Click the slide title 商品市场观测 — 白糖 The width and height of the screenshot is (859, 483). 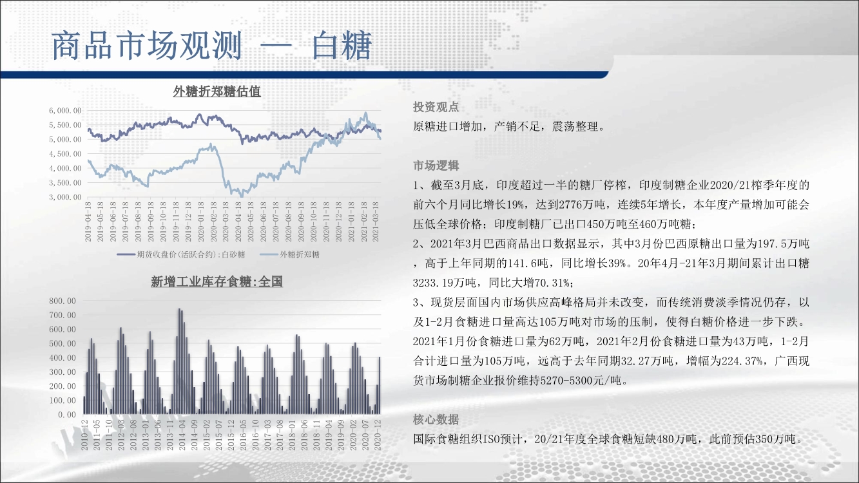point(211,46)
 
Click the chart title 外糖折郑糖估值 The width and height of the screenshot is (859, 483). point(217,91)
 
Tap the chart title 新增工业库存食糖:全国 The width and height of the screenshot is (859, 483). point(217,282)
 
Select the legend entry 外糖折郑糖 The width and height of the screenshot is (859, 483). point(289,254)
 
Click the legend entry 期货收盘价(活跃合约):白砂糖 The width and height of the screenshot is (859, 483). point(181,254)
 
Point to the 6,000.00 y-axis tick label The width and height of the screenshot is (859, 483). point(65,110)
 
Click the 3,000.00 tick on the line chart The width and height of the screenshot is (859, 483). point(65,197)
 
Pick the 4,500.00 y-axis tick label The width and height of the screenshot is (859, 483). point(65,154)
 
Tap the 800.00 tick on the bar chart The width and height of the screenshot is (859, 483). point(63,301)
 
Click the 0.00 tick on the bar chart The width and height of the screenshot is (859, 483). point(67,414)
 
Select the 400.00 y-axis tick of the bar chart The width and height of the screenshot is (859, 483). point(63,357)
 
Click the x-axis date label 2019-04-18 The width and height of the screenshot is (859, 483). point(88,222)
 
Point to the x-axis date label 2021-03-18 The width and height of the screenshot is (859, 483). point(376,222)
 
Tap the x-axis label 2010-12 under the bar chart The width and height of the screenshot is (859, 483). point(84,435)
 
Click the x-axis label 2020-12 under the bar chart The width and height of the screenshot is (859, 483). point(378,435)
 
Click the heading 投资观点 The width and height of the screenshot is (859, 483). point(436,107)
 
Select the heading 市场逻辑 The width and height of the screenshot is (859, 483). point(436,166)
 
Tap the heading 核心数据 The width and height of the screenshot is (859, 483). point(436,419)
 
